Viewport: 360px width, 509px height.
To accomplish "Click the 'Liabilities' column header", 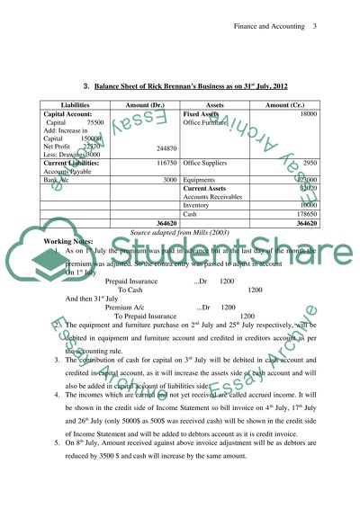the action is (x=74, y=104).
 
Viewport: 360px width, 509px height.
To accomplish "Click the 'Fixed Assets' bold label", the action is (x=204, y=114).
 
